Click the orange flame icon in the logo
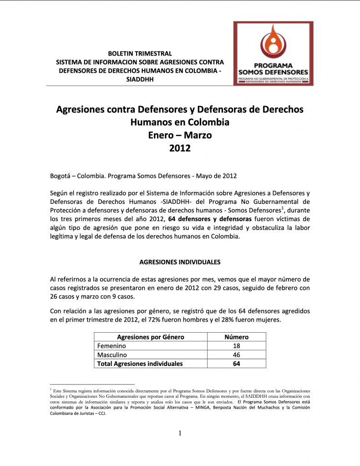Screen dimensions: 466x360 pos(273,43)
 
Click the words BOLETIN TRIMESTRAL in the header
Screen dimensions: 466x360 pos(140,54)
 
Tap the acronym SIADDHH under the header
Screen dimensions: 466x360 pos(140,79)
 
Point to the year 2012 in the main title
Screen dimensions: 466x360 pos(180,148)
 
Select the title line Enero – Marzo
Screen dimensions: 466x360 pos(180,135)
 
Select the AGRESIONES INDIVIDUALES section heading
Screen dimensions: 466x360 pos(180,262)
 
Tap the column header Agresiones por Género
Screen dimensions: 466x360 pos(150,337)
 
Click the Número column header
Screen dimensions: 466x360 pos(237,337)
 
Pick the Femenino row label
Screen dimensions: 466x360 pos(112,346)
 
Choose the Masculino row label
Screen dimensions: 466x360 pos(112,355)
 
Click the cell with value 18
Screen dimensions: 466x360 pos(237,346)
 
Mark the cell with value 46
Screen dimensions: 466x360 pos(237,355)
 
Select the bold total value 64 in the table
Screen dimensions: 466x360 pos(237,364)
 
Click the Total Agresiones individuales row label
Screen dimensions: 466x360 pos(140,364)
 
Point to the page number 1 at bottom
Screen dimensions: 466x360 pos(180,433)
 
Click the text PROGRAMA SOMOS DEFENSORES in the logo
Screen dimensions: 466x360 pos(273,69)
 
